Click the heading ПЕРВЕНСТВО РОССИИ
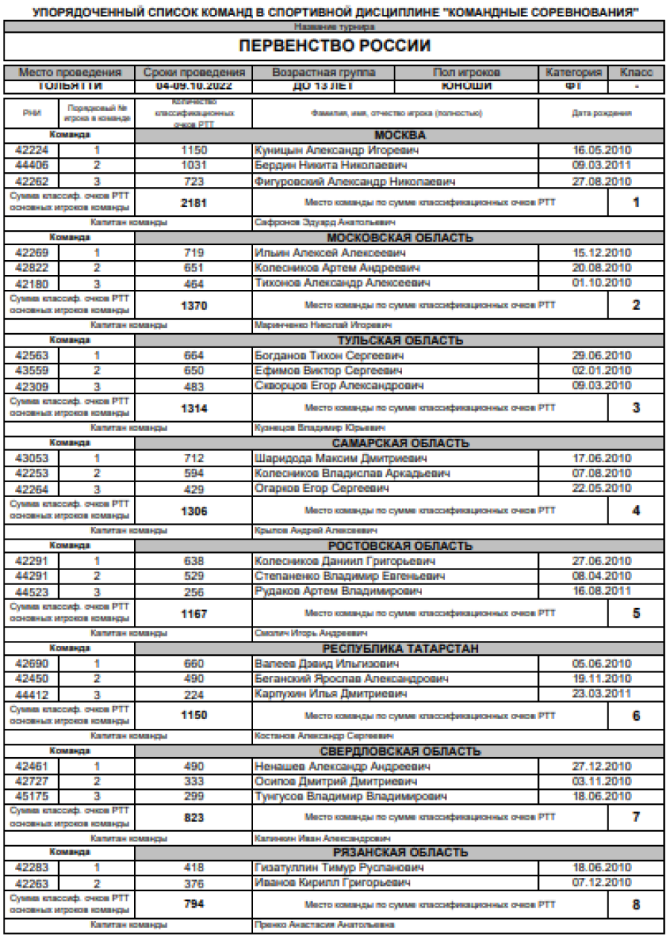[x=334, y=47]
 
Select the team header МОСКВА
[x=399, y=136]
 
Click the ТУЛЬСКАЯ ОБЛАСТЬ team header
[x=399, y=341]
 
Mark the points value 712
[x=193, y=458]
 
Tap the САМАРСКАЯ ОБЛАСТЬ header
[x=399, y=443]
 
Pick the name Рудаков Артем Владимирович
[x=337, y=591]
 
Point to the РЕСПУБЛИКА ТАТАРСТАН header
[x=399, y=648]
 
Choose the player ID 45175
[x=32, y=797]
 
